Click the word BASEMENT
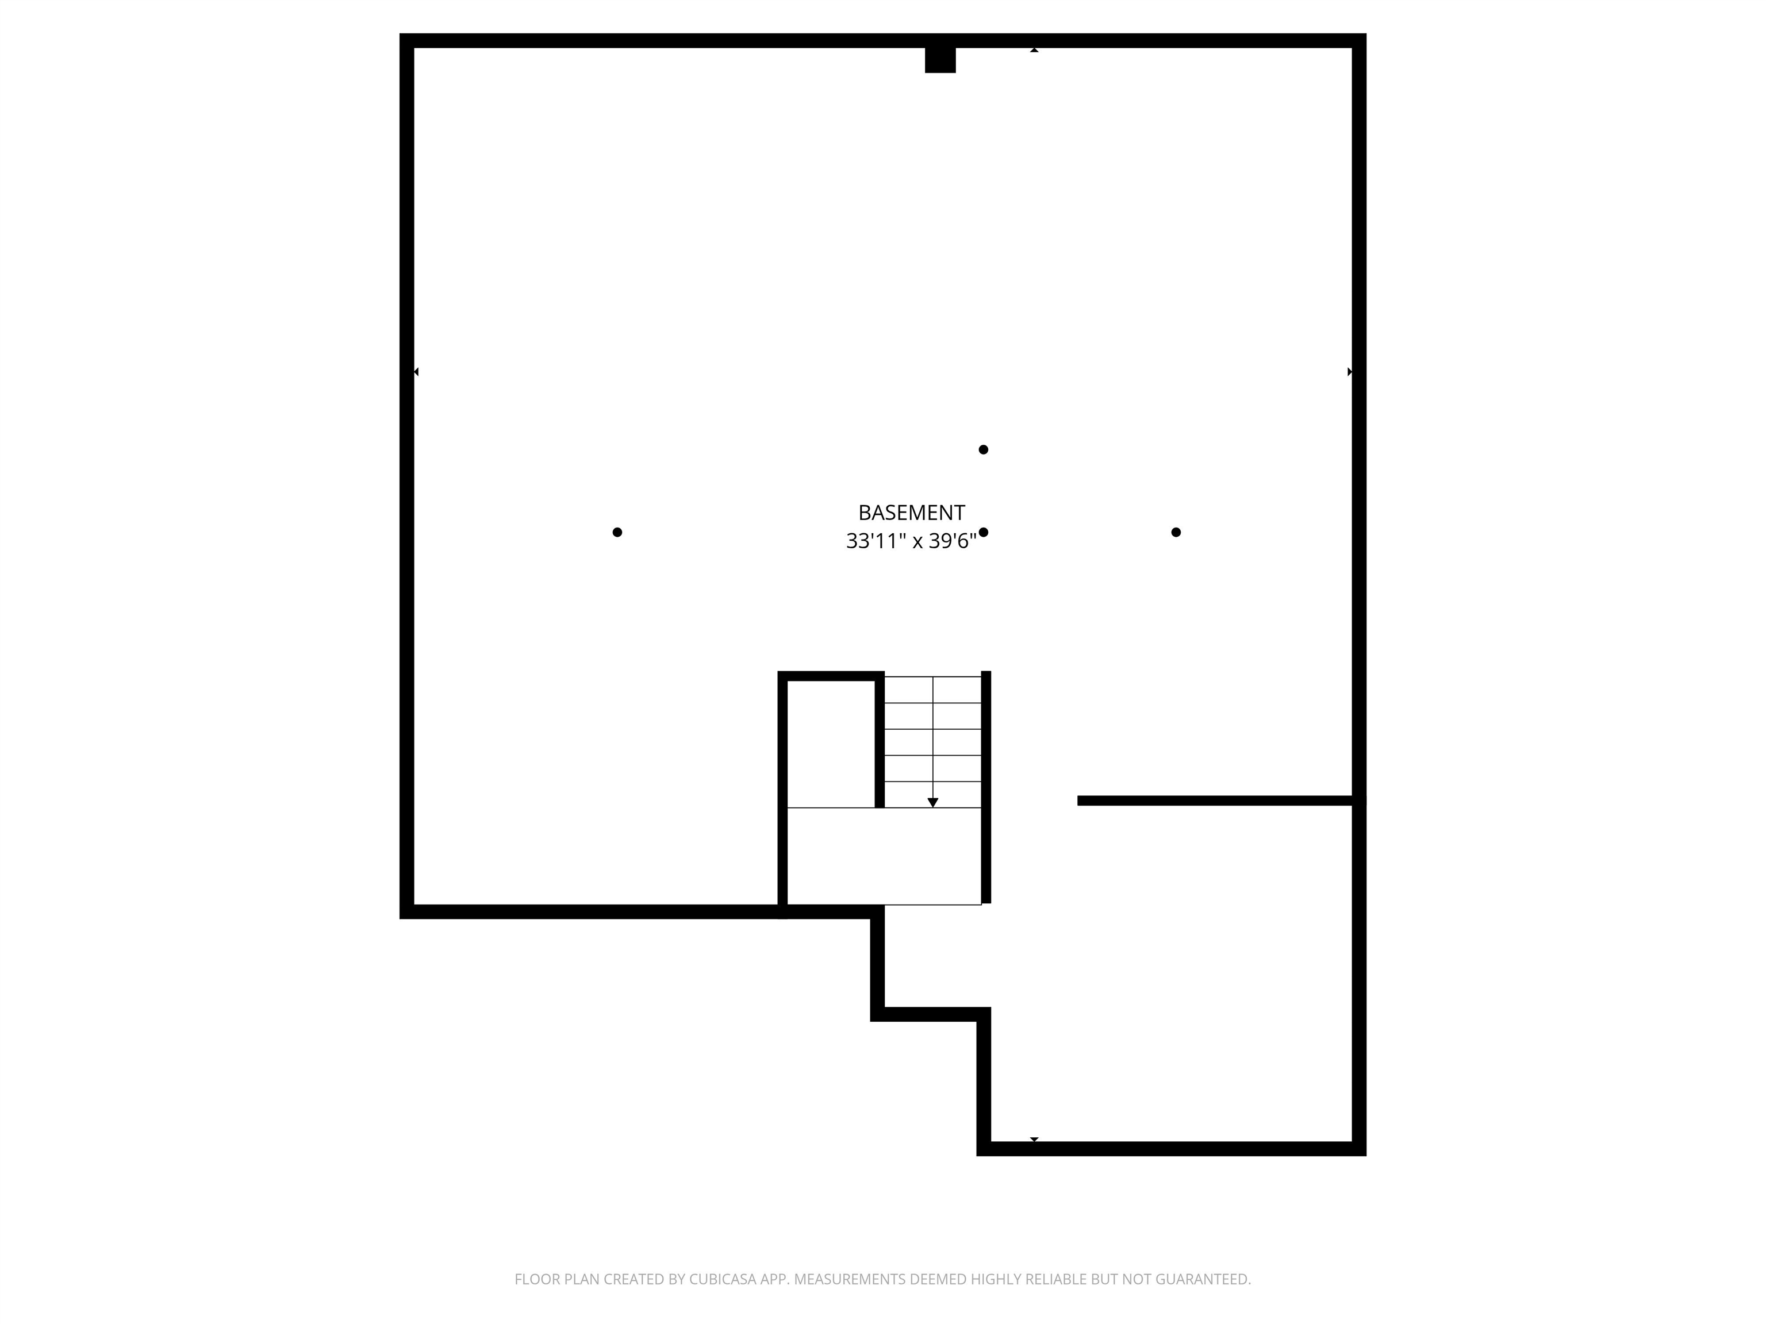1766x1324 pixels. point(911,513)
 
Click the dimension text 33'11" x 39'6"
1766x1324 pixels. point(911,541)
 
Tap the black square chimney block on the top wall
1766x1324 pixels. point(940,60)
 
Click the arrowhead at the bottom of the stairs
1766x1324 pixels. point(932,802)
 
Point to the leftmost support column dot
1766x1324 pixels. point(617,532)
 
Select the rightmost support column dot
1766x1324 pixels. point(1176,532)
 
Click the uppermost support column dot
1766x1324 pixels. point(984,449)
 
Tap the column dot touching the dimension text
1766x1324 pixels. point(984,532)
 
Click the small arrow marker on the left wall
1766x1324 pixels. point(416,372)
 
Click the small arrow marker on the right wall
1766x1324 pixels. point(1350,372)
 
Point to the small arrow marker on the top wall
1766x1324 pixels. point(1034,50)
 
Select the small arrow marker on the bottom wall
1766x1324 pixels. point(1034,1139)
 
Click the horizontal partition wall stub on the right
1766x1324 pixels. point(1215,800)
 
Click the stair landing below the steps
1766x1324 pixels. point(884,856)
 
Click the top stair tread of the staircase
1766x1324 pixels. point(932,690)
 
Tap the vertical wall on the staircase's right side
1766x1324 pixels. point(986,787)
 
